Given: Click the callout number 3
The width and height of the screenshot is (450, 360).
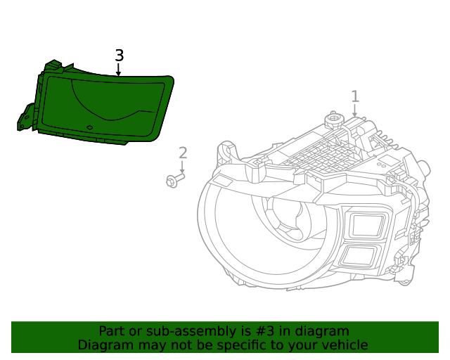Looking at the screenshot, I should [x=119, y=56].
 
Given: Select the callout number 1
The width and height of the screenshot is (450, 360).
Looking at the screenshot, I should [x=355, y=96].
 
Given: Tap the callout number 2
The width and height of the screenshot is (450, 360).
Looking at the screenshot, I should [x=183, y=153].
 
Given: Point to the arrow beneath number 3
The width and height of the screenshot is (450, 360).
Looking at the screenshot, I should [x=119, y=70].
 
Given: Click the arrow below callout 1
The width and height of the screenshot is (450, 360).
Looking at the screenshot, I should [x=355, y=110].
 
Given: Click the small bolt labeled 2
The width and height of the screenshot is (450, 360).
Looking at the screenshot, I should [x=174, y=181].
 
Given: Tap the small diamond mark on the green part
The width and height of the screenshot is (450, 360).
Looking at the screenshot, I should [x=89, y=128].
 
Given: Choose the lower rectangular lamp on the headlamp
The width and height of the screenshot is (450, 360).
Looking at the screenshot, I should [x=359, y=256].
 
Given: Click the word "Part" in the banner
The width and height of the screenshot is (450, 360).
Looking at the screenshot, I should [x=111, y=331].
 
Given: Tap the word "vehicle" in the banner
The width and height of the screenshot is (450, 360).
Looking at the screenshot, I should [x=343, y=345].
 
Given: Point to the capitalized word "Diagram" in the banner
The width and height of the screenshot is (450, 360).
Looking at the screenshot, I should [x=105, y=345].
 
